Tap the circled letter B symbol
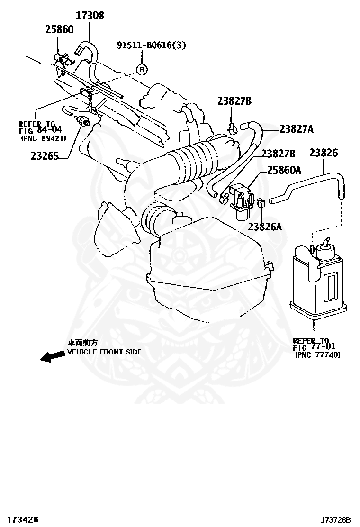[142, 70]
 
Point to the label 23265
[45, 155]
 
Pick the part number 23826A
[264, 227]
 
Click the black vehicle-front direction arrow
[52, 356]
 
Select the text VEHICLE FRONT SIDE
[104, 352]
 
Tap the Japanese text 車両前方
[82, 343]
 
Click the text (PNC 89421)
[43, 138]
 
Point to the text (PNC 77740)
[317, 354]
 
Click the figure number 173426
[20, 519]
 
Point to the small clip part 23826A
[260, 205]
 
